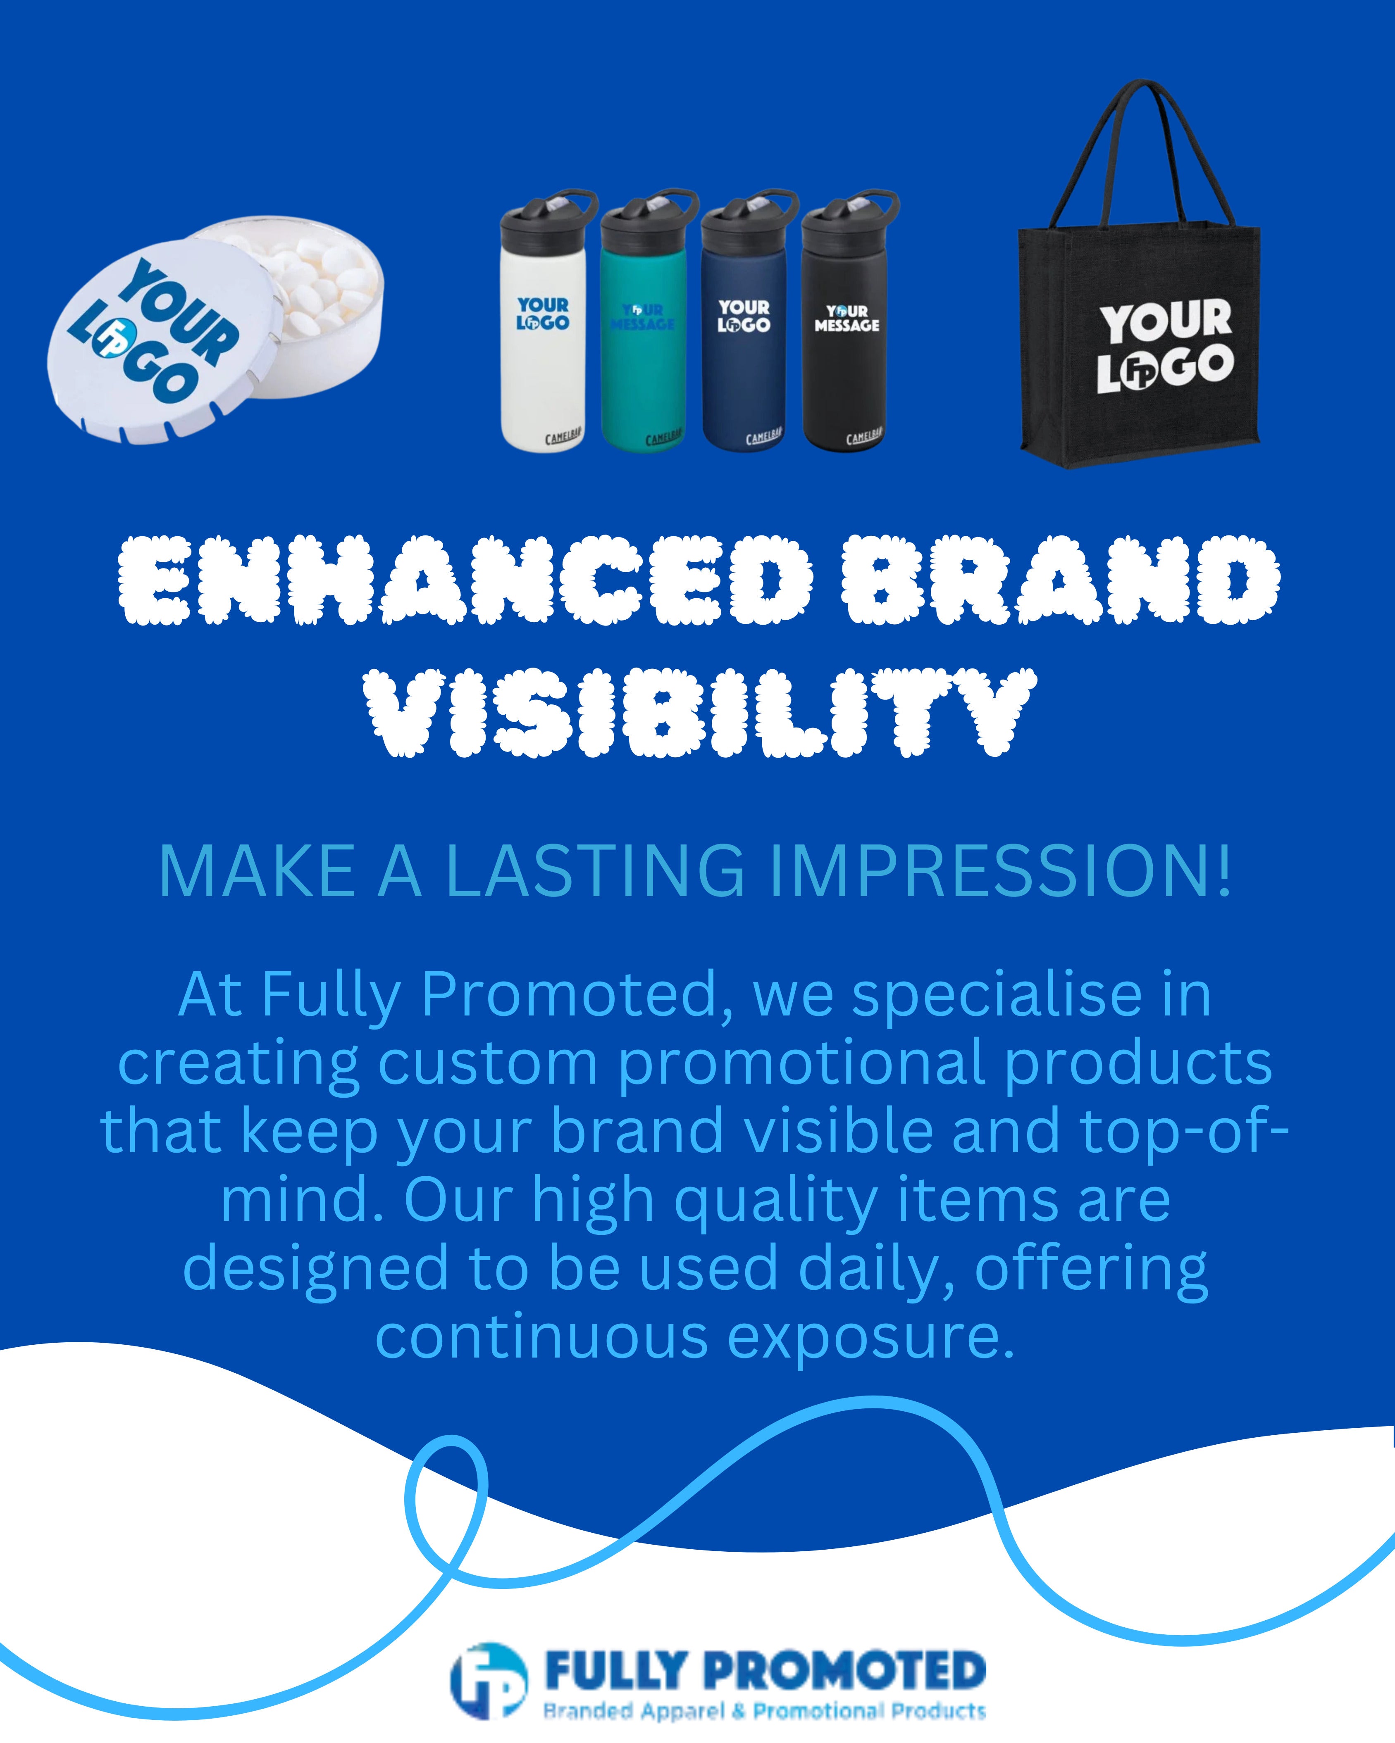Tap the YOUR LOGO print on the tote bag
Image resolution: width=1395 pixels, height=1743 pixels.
1164,346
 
